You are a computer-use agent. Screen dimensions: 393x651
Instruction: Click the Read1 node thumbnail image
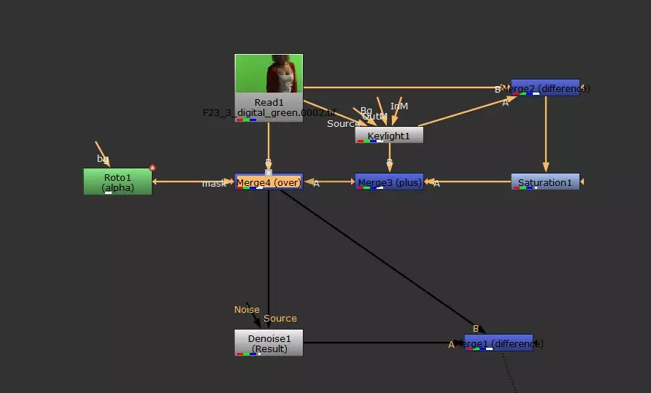(x=269, y=73)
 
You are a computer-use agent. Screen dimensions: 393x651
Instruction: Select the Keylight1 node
(x=389, y=135)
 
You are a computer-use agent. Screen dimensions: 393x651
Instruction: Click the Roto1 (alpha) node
(x=118, y=182)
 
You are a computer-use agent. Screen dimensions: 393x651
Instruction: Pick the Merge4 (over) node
(x=269, y=182)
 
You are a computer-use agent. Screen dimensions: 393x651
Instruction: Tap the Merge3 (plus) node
(x=389, y=182)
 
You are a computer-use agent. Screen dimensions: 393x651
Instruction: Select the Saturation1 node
(x=544, y=182)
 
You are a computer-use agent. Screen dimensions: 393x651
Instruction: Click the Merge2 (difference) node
(x=545, y=88)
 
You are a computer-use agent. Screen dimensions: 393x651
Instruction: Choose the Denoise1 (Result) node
(x=269, y=343)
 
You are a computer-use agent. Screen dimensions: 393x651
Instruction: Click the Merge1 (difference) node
(x=498, y=343)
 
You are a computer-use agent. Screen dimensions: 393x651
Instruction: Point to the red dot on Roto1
(x=153, y=168)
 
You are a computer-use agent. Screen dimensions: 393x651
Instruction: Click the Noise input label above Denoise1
(x=247, y=309)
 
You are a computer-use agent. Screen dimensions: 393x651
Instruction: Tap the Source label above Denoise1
(x=280, y=319)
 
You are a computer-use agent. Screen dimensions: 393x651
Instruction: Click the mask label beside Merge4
(x=214, y=184)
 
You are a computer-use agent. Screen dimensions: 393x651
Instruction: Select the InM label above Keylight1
(x=399, y=106)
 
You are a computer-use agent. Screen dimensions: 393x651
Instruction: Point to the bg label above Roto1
(x=103, y=158)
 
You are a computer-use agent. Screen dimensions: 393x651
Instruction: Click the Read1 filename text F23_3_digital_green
(x=269, y=113)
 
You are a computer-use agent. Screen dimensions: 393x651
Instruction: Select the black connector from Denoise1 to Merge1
(x=380, y=343)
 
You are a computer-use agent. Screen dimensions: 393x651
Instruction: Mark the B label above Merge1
(x=476, y=328)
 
